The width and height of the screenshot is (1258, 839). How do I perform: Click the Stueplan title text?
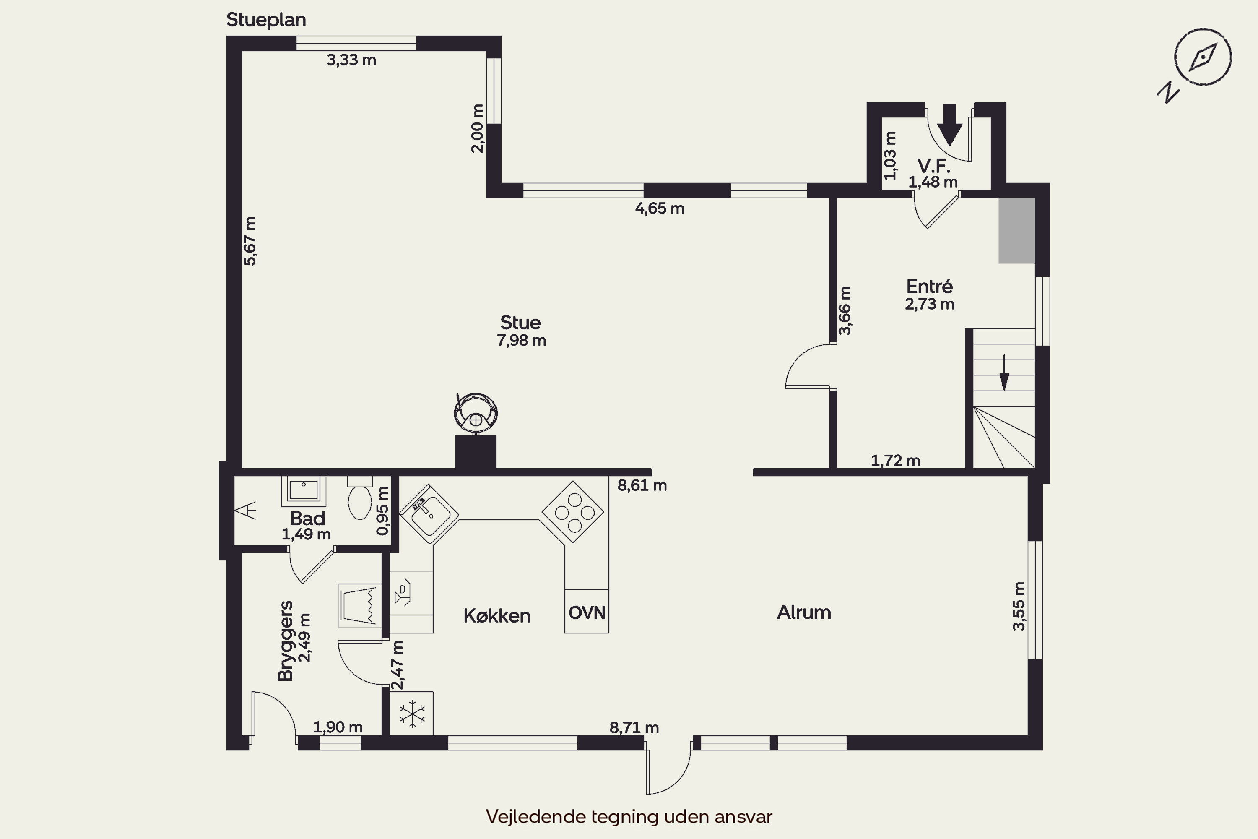(x=266, y=20)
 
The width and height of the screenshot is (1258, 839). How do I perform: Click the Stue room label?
(x=520, y=323)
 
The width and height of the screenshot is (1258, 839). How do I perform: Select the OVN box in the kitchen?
(x=587, y=612)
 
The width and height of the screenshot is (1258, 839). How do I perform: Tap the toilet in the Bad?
(x=360, y=498)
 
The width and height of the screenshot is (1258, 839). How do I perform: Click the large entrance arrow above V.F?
(x=950, y=125)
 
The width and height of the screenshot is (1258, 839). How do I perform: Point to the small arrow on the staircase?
(x=1004, y=373)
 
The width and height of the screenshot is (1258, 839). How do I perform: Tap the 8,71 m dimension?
(x=634, y=728)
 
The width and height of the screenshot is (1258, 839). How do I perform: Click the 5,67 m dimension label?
(x=250, y=241)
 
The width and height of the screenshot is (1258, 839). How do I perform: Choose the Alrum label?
(x=804, y=612)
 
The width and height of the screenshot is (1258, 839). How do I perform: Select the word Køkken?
(x=497, y=616)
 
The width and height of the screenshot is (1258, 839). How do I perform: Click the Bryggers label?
(x=286, y=641)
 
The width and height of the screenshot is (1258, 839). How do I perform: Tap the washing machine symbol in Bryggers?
(x=359, y=606)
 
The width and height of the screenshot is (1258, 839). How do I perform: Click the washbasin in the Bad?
(x=303, y=490)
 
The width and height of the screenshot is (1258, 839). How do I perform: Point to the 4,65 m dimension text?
(x=660, y=208)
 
